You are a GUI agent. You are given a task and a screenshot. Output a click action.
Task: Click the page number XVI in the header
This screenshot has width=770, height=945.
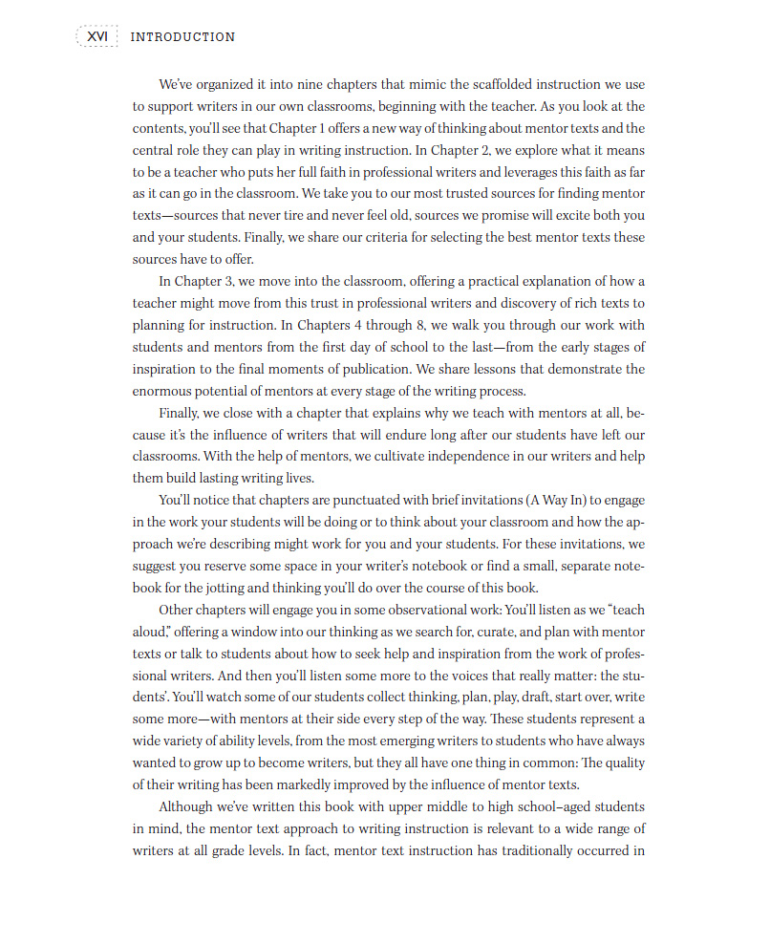(97, 36)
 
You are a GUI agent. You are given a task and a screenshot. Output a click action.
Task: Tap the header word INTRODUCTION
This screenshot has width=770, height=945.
(182, 37)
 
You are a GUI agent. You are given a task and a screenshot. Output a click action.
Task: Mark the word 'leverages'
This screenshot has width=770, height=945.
(515, 172)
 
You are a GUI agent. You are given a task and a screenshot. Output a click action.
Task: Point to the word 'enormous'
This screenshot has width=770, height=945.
(162, 391)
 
